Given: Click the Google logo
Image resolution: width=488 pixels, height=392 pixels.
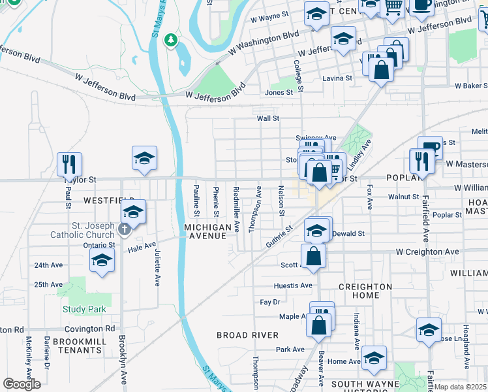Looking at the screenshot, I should pos(22,384).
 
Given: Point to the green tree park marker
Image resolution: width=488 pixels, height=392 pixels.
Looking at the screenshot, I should pos(171,41).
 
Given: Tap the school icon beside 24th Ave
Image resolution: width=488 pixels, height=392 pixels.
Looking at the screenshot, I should pos(102,261).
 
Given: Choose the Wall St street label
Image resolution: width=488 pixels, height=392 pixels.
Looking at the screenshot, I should pos(267,118).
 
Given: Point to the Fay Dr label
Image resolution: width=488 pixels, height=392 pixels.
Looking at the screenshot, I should pos(269,302).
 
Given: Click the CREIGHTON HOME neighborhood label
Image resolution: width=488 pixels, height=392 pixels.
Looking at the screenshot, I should pos(365,291).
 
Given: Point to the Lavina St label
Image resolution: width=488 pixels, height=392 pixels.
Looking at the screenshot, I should pos(337,78).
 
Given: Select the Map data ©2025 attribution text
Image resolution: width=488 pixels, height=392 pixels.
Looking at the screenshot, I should pos(461,387).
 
